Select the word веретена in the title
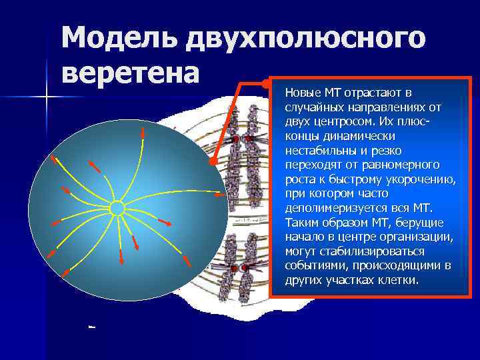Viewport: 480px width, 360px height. [130, 71]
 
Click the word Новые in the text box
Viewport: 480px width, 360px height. [303, 91]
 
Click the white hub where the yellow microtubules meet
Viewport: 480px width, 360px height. [117, 208]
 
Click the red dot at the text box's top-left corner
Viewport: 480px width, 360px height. [267, 85]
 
